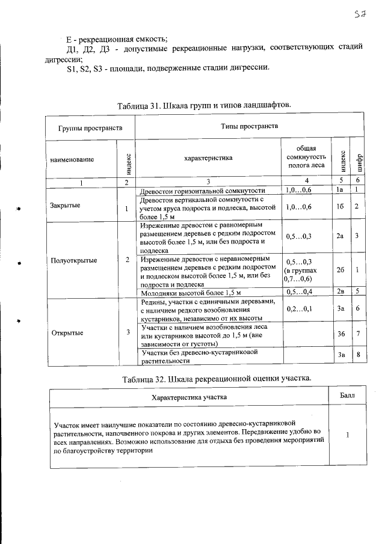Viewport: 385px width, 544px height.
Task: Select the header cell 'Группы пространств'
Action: [90, 128]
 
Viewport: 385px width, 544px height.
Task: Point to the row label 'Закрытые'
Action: [66, 205]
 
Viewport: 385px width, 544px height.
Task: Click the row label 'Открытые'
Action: [67, 332]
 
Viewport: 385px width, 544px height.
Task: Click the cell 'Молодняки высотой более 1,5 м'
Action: [190, 293]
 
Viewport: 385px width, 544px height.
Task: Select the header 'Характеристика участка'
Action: [189, 397]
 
